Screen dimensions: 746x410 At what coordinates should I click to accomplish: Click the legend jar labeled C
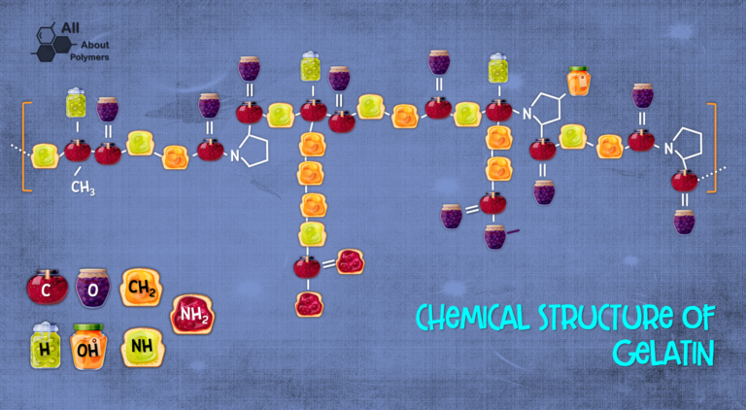[47, 287]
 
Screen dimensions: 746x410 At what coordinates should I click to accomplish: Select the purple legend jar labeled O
[93, 288]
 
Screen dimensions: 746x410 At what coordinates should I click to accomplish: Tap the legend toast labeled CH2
[141, 287]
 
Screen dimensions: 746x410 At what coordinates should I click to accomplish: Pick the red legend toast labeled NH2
[192, 314]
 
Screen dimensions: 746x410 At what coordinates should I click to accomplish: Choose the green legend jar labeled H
[46, 345]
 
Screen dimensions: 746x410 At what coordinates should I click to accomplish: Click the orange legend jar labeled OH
[88, 346]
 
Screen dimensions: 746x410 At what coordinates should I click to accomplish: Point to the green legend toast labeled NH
[142, 347]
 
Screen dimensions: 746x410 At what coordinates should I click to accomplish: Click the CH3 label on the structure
[83, 188]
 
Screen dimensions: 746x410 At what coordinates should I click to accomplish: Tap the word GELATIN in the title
[663, 353]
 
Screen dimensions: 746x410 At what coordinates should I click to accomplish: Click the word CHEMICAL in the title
[472, 318]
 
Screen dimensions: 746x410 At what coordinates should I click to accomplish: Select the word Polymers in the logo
[89, 57]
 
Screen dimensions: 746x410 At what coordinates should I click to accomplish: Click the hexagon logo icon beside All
[51, 43]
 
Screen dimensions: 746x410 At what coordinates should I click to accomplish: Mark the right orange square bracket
[713, 148]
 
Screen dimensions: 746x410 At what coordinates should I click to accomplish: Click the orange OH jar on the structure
[579, 81]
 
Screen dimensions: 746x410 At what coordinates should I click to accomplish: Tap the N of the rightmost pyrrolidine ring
[669, 149]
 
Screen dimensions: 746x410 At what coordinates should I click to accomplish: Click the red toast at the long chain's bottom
[309, 304]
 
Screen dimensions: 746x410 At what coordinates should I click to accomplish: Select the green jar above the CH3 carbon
[76, 103]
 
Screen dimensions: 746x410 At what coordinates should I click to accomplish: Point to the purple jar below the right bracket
[684, 222]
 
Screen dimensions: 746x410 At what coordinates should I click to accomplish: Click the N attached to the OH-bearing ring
[527, 114]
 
